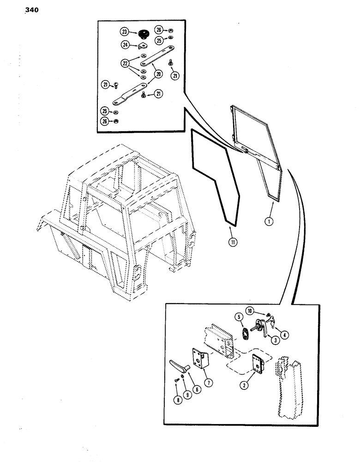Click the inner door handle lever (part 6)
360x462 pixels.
click(180, 368)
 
